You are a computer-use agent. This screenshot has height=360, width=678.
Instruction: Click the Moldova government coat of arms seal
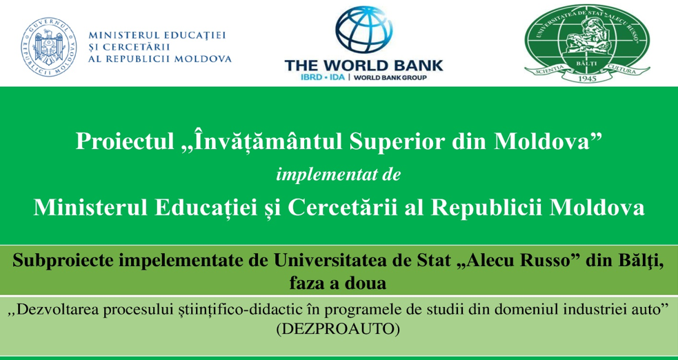point(49,47)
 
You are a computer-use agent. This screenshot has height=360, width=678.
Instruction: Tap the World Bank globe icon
point(363,30)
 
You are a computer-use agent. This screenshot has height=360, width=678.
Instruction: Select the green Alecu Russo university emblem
point(587,43)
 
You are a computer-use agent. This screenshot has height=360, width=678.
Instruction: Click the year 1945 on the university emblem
point(586,78)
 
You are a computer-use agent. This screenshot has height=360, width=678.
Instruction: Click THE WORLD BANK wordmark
point(363,66)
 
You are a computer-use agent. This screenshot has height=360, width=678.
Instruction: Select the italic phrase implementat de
point(339,175)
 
